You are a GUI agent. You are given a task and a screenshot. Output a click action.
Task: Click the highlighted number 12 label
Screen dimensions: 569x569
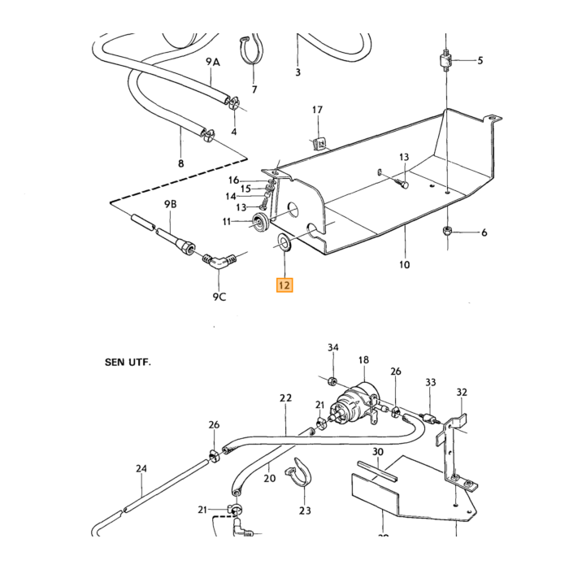click(284, 285)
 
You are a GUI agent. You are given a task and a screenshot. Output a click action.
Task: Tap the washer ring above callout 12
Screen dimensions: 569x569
click(284, 243)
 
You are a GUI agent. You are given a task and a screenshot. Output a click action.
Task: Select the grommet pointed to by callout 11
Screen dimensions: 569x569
click(261, 222)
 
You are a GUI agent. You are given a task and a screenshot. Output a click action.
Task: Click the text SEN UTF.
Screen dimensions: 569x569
click(128, 363)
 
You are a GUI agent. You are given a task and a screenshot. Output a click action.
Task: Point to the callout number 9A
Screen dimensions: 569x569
click(213, 62)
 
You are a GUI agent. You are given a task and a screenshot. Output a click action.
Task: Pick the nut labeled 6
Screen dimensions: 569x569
click(447, 231)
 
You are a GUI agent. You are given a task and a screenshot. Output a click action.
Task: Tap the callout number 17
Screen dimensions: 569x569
click(317, 110)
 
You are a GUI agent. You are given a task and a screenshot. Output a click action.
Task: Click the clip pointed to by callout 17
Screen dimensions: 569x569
click(319, 144)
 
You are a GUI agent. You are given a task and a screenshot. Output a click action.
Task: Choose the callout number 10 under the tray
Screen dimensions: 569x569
click(404, 264)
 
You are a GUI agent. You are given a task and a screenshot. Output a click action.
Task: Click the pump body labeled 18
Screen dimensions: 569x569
click(357, 403)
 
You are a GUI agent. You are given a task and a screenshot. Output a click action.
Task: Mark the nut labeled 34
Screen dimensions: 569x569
click(332, 381)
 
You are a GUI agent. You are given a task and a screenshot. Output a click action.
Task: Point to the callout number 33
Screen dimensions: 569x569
click(430, 382)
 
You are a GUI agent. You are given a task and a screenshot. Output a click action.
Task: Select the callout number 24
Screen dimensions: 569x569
click(141, 468)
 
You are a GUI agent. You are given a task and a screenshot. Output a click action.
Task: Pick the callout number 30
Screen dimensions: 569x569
click(378, 452)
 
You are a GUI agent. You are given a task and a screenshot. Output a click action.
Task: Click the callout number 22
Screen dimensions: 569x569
click(285, 397)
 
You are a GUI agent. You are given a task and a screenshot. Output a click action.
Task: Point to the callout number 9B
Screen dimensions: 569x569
click(170, 204)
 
